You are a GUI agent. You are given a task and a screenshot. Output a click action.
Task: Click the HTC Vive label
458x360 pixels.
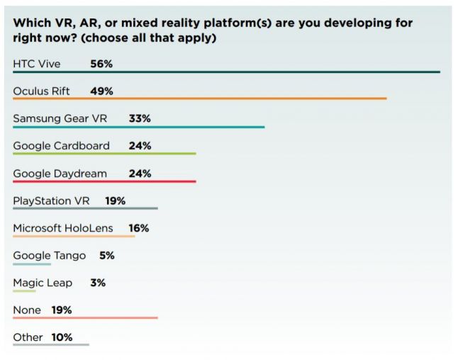[x=37, y=64]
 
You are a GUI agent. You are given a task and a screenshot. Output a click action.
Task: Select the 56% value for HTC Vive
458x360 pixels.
[x=101, y=64]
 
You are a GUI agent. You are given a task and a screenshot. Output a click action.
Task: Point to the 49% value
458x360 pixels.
[x=101, y=91]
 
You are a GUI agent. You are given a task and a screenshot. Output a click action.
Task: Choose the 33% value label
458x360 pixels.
[x=140, y=119]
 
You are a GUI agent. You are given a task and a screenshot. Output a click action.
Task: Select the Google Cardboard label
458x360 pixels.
[x=62, y=146]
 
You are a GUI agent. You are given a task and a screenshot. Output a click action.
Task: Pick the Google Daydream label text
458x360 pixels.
[x=60, y=174]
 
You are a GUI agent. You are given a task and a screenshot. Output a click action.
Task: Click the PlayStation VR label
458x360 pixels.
[x=52, y=201]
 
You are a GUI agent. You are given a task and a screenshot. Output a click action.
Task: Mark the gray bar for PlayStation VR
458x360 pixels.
[x=85, y=208]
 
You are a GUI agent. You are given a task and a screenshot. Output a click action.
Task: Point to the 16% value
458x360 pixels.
[x=139, y=228]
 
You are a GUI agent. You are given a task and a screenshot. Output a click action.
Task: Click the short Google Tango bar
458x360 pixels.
[x=32, y=264]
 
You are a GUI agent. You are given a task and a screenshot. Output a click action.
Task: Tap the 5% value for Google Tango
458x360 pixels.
[x=106, y=256]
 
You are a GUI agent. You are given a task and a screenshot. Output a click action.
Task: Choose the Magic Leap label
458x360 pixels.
[x=43, y=283]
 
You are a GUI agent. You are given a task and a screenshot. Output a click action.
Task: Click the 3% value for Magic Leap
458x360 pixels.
[x=98, y=283]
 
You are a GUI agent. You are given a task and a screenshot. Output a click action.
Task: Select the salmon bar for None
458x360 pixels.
[x=85, y=318]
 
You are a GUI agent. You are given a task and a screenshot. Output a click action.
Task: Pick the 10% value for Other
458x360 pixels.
[x=62, y=337]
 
